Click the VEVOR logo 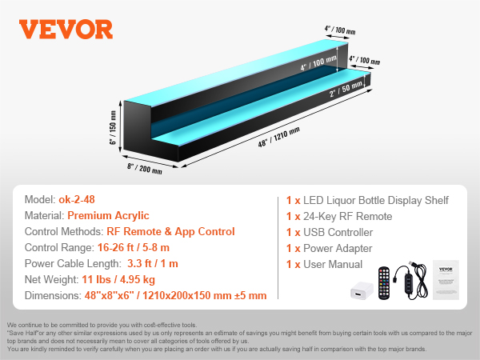pyautogui.click(x=66, y=30)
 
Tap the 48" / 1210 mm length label pyautogui.click(x=278, y=137)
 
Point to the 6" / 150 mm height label pyautogui.click(x=113, y=128)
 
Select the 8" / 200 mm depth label pyautogui.click(x=145, y=168)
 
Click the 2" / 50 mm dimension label pyautogui.click(x=346, y=89)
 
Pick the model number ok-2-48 pyautogui.click(x=77, y=199)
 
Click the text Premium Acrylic pyautogui.click(x=108, y=215)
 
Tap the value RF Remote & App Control pyautogui.click(x=170, y=231)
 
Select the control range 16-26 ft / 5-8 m pyautogui.click(x=134, y=247)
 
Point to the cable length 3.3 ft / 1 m pyautogui.click(x=153, y=263)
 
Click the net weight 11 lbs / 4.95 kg pyautogui.click(x=118, y=279)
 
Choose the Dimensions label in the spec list pyautogui.click(x=53, y=295)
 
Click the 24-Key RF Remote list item pyautogui.click(x=339, y=217)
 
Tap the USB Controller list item pyautogui.click(x=330, y=232)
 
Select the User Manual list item pyautogui.click(x=324, y=264)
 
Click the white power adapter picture pyautogui.click(x=362, y=290)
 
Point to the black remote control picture pyautogui.click(x=384, y=283)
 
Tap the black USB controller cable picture pyautogui.click(x=410, y=280)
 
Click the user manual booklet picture pyautogui.click(x=446, y=280)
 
